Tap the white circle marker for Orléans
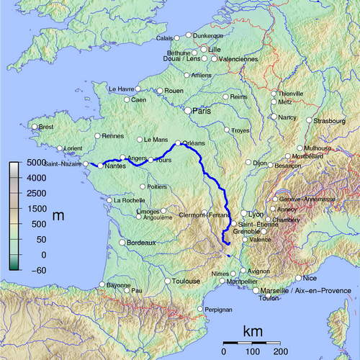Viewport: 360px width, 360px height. pos(178,143)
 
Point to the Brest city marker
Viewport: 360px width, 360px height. pos(34,127)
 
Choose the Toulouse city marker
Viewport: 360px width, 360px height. pos(167,281)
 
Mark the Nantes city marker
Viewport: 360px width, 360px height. pos(99,166)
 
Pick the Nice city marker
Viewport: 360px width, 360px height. pos(299,278)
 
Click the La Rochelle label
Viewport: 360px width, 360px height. pos(127,200)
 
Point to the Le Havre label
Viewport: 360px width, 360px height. pos(122,89)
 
